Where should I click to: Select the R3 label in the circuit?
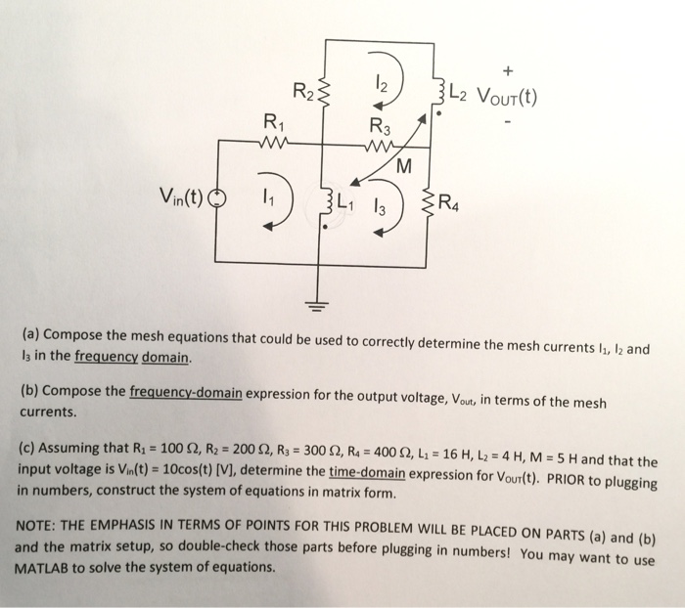[x=379, y=126]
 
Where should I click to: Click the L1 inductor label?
[x=344, y=206]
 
